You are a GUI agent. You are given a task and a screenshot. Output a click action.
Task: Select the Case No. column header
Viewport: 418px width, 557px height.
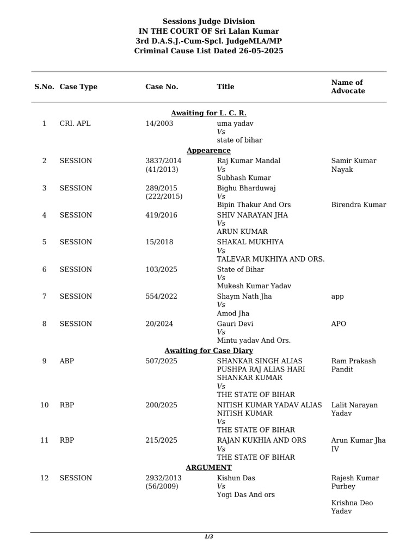[x=162, y=86]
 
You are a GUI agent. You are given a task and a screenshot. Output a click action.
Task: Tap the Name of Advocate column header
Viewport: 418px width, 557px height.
[x=348, y=86]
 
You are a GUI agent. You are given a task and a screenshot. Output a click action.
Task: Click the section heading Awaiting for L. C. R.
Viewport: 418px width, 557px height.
[x=208, y=113]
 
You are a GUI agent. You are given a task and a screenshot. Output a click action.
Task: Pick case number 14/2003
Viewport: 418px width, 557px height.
[x=159, y=123]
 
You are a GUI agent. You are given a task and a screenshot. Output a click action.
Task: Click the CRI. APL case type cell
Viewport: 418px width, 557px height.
[x=75, y=123]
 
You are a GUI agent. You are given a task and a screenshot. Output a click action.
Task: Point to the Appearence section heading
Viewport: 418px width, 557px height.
[x=208, y=150]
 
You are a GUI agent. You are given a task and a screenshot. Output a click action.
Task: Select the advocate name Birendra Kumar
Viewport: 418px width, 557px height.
[x=359, y=205]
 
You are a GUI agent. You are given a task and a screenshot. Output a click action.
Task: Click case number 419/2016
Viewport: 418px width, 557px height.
[x=161, y=215]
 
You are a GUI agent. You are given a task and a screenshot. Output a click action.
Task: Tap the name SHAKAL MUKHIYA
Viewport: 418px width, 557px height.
[x=250, y=242]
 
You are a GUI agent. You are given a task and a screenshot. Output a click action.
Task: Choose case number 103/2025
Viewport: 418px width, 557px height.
[x=161, y=269]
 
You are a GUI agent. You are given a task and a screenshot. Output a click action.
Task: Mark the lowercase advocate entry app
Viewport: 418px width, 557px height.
[x=337, y=297]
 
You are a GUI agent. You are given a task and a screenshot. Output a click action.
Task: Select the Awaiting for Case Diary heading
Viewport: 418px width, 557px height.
[x=208, y=351]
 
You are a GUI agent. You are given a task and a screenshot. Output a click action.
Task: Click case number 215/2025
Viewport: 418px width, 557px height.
[x=161, y=440]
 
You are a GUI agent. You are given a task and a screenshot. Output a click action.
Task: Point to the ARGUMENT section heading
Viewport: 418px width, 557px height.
[x=208, y=468]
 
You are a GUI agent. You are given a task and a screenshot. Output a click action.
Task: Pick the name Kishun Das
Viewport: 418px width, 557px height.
[x=236, y=478]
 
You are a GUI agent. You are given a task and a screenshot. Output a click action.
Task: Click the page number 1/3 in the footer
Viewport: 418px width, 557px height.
[x=208, y=537]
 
